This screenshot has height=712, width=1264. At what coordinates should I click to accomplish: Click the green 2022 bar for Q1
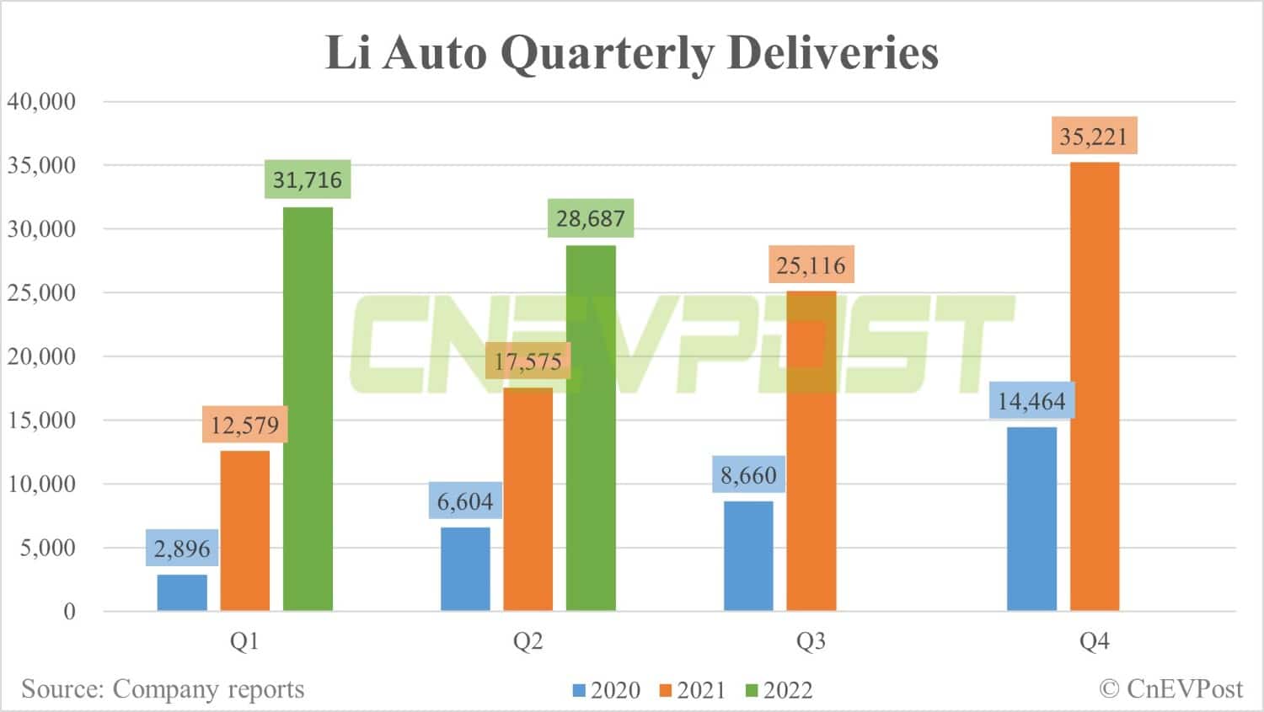(308, 409)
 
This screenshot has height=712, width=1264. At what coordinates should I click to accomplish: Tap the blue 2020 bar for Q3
(748, 556)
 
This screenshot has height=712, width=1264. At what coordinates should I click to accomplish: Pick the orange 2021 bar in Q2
(528, 499)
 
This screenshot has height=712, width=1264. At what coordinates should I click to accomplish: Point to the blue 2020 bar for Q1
(182, 592)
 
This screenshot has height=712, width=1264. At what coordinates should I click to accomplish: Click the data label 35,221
(1094, 136)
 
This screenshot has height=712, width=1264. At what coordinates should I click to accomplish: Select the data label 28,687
(590, 218)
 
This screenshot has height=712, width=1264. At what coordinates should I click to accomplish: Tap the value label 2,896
(182, 549)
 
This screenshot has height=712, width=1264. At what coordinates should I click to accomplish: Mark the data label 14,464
(1031, 401)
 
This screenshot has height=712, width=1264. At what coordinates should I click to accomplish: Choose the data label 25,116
(811, 265)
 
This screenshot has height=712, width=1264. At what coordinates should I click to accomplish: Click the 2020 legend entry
(607, 690)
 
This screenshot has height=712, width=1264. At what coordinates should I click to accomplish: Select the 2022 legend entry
(779, 690)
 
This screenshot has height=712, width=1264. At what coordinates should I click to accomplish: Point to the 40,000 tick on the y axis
(41, 101)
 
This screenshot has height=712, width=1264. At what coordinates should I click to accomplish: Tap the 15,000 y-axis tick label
(41, 420)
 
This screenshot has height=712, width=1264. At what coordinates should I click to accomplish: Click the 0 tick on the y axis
(69, 611)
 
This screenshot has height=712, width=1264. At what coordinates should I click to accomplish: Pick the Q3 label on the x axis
(811, 641)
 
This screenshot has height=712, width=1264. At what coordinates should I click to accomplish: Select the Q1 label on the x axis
(244, 641)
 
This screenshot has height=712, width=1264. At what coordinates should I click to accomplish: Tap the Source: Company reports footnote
(163, 688)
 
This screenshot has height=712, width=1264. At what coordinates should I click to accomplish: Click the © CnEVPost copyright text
(1171, 688)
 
